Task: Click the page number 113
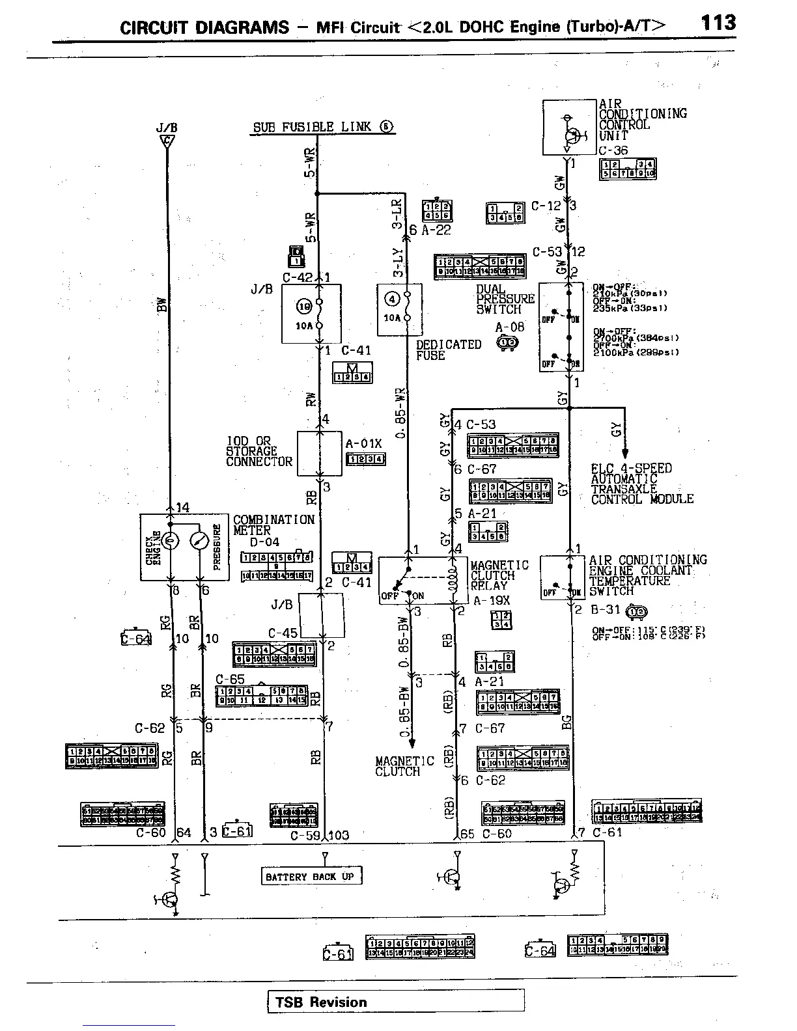pyautogui.click(x=718, y=23)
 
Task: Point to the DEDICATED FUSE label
pyautogui.click(x=448, y=350)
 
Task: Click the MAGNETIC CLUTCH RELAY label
pyautogui.click(x=499, y=575)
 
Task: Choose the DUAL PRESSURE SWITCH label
pyautogui.click(x=505, y=299)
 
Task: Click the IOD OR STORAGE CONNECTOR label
pyautogui.click(x=259, y=451)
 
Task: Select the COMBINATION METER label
pyautogui.click(x=273, y=525)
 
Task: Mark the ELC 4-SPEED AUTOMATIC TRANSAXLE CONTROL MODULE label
pyautogui.click(x=641, y=484)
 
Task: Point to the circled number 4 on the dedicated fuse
pyautogui.click(x=392, y=299)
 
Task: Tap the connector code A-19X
pyautogui.click(x=491, y=601)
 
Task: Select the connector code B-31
pyautogui.click(x=606, y=611)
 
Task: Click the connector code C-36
pyautogui.click(x=613, y=150)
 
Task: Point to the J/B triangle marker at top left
pyautogui.click(x=167, y=141)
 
